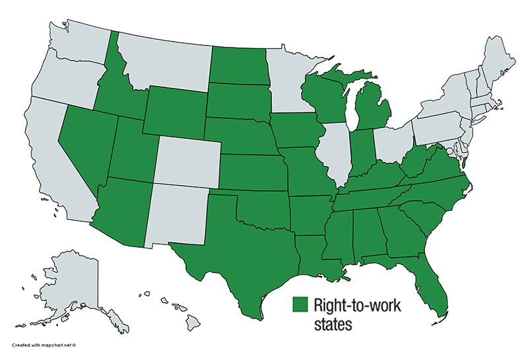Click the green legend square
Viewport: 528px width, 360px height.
click(301, 305)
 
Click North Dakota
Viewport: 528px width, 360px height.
click(238, 65)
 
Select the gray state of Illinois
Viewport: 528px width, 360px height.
click(333, 152)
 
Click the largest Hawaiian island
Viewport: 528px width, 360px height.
click(192, 322)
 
